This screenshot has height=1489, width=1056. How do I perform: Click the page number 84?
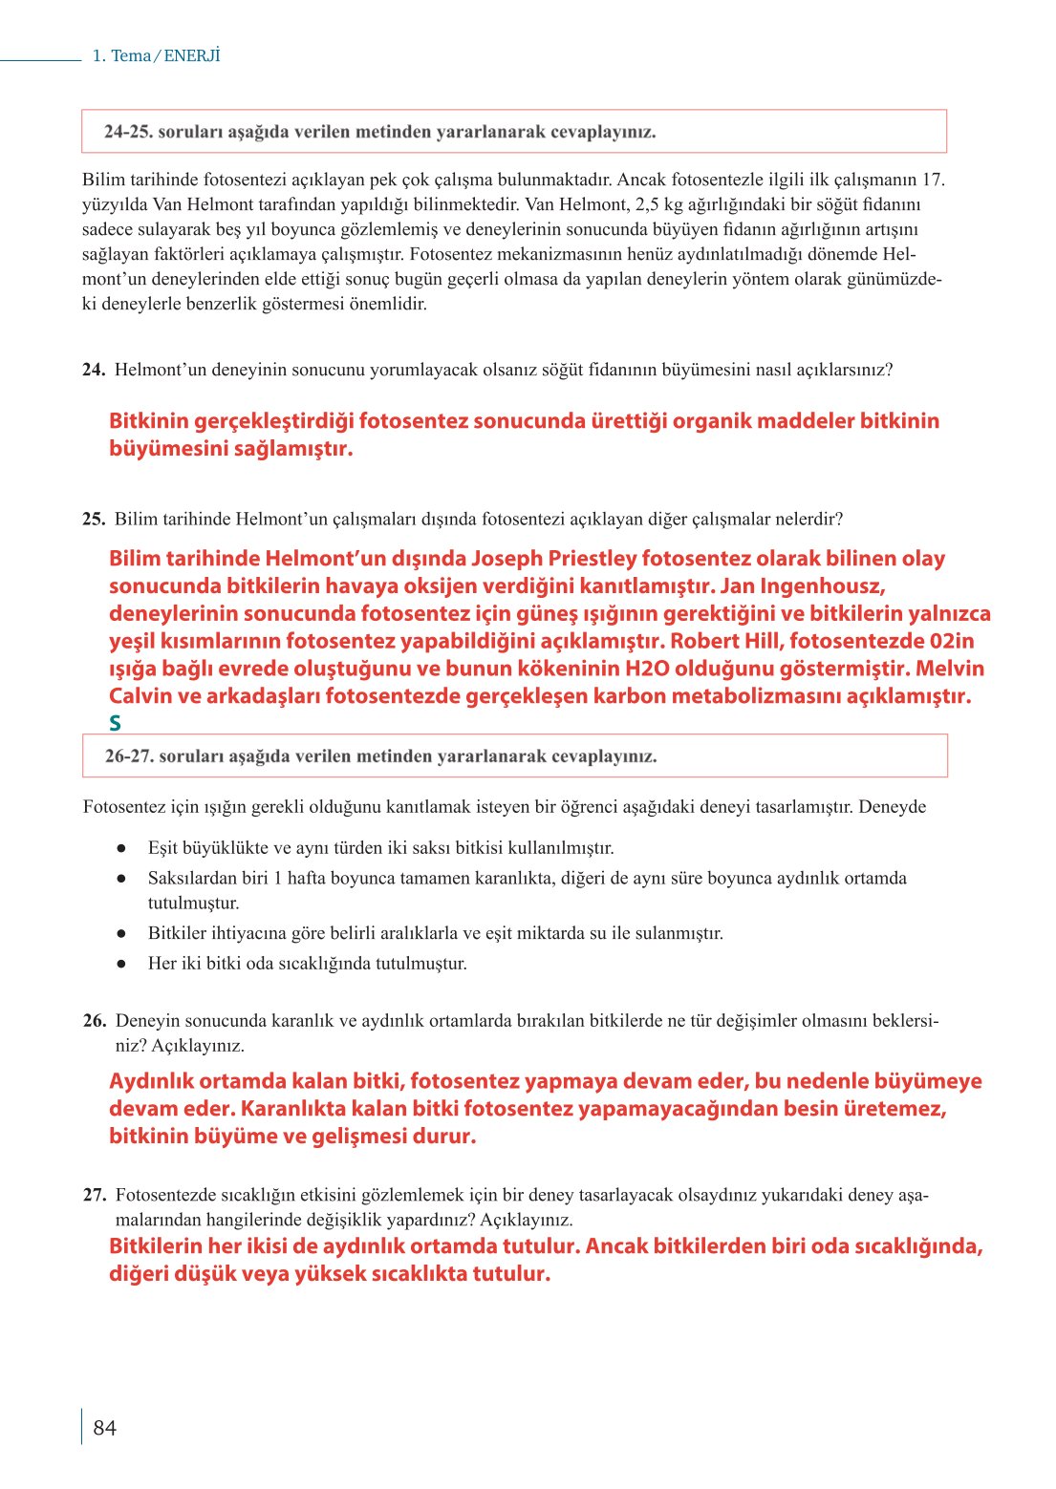(104, 1427)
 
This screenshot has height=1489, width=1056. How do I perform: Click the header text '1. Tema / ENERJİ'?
(156, 55)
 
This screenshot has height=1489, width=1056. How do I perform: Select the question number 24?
(93, 370)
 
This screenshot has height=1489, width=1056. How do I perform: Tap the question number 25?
(93, 520)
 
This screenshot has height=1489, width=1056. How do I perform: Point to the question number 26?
(94, 1020)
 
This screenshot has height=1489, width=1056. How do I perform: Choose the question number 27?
(94, 1195)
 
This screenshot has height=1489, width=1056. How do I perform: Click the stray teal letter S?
(116, 724)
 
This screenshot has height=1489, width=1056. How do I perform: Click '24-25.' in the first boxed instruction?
(128, 132)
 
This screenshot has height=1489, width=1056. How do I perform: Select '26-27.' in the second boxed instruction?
(129, 756)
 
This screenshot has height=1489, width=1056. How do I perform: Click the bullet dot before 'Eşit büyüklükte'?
(121, 848)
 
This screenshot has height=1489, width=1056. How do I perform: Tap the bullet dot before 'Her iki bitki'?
(121, 964)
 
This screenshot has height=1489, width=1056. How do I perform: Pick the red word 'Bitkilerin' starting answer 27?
(155, 1246)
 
